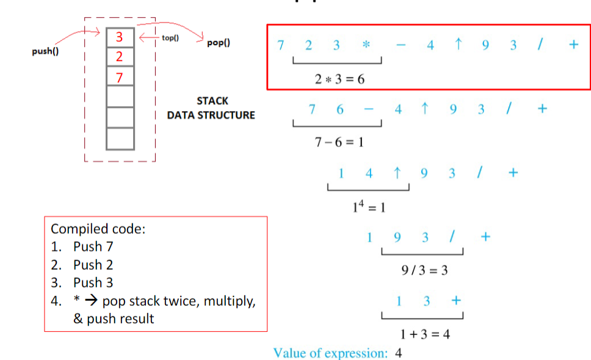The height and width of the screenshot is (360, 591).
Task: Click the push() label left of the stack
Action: coord(45,51)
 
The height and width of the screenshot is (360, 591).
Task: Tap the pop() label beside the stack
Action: coord(218,44)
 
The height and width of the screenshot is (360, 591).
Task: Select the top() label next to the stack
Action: coord(170,38)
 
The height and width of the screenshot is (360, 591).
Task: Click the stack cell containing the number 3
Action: coord(120,37)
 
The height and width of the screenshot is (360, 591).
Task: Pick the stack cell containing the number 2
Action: coord(120,57)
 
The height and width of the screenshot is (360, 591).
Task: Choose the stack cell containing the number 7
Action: coord(120,77)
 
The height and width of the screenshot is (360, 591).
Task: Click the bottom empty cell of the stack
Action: coord(120,139)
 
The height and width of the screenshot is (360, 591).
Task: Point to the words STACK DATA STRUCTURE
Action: coord(211,108)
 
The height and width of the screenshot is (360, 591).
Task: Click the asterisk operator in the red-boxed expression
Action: coord(365,46)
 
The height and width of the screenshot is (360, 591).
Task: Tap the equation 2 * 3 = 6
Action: coord(339,79)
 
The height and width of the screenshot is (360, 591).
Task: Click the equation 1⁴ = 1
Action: coord(369,207)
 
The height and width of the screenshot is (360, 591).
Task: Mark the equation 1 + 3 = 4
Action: coord(425,334)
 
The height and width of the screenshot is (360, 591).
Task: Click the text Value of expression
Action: coord(329,353)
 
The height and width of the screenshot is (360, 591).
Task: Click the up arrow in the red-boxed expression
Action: coord(458,45)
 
